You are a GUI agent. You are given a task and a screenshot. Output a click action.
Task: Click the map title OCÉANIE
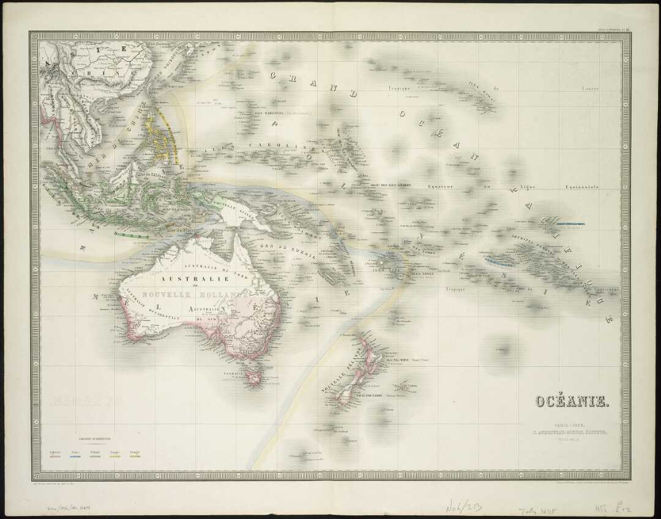point(572,401)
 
